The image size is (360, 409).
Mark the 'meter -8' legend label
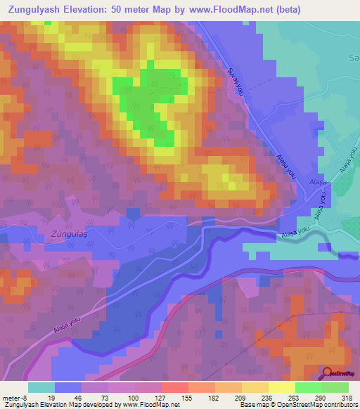pos(14,397)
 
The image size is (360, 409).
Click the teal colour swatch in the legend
pos(41,387)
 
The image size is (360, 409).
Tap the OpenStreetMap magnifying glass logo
pos(328,372)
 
